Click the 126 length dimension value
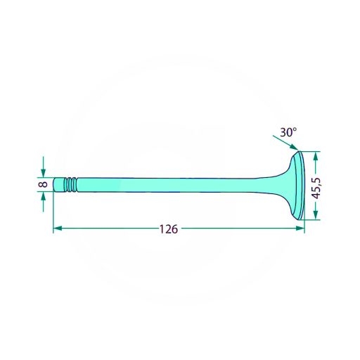click(x=169, y=229)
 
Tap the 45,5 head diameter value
click(x=317, y=188)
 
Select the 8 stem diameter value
click(x=43, y=184)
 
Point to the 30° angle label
click(x=288, y=132)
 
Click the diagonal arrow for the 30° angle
click(x=285, y=143)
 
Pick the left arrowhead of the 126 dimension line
click(x=58, y=229)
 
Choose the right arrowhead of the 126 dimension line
click(x=300, y=229)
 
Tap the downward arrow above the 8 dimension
click(x=43, y=167)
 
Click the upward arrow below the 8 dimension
click(x=43, y=202)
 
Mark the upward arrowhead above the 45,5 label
click(x=316, y=157)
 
